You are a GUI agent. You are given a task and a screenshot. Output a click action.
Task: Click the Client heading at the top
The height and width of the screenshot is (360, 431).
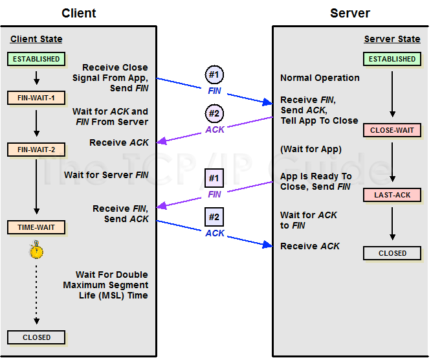coord(79,13)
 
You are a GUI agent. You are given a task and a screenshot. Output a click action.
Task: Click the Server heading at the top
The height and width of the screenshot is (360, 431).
coord(350,13)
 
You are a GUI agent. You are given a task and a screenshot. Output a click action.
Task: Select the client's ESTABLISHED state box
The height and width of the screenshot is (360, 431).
coord(36,59)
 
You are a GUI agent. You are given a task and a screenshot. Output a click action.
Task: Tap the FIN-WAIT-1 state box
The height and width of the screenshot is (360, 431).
coord(36,98)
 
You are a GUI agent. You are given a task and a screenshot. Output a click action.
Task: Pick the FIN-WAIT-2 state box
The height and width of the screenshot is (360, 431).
coord(36,150)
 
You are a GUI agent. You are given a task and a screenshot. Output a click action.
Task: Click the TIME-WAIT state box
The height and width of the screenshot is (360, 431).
coord(36,227)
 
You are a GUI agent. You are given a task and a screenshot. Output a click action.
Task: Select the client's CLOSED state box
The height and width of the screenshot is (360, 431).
coord(36,337)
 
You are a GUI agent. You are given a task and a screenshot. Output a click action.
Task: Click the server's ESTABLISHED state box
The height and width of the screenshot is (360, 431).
coord(392,59)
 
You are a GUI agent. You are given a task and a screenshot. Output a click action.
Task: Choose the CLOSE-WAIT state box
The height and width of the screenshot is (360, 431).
coord(392,130)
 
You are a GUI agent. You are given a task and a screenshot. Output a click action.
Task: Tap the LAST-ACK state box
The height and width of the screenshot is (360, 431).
coord(392,195)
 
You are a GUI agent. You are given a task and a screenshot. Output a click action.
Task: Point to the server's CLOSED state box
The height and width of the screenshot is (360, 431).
coord(392,253)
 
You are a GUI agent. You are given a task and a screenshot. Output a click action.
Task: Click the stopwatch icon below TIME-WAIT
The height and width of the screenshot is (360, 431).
coord(37,251)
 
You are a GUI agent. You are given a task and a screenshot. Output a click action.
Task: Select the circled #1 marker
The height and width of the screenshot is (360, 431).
coord(214,75)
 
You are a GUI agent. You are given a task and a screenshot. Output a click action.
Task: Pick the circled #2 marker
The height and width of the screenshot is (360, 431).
coord(214,113)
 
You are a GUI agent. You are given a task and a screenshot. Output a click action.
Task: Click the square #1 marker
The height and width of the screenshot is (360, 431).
coord(214,178)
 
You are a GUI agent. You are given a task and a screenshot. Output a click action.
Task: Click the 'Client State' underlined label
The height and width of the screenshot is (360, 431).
coord(36,39)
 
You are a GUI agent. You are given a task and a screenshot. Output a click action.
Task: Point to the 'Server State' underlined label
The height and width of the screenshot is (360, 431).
coord(392,39)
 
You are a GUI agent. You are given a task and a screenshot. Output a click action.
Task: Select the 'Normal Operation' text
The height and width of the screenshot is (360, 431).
coord(320,78)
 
